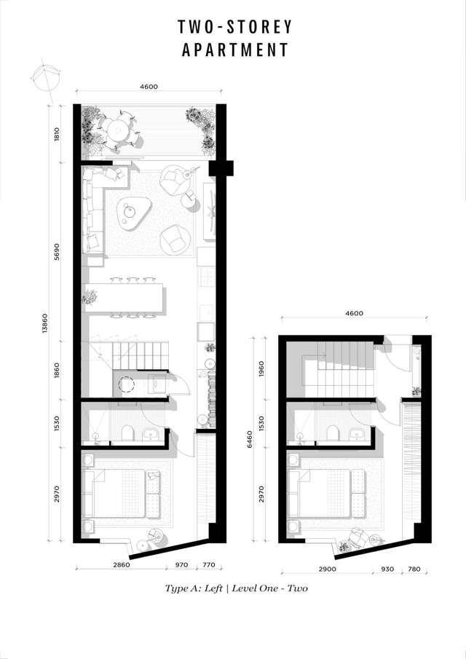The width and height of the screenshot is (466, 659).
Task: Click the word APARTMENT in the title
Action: [x=234, y=50]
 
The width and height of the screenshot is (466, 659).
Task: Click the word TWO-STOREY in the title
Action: [x=234, y=27]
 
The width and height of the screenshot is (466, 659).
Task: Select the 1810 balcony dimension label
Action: [x=56, y=134]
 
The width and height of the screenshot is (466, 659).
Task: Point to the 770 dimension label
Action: [x=208, y=564]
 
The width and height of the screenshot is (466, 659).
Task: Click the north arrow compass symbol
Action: [x=43, y=78]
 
